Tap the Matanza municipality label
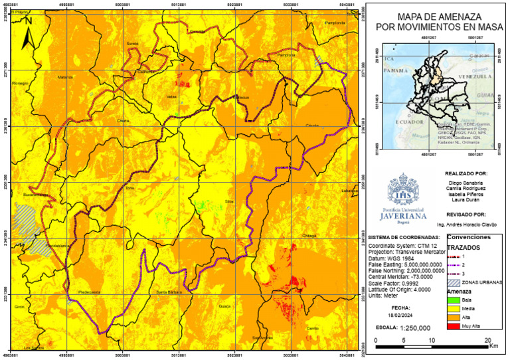tap(65, 77)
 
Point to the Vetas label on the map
tap(171, 96)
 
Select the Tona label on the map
tap(129, 189)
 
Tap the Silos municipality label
tap(229, 200)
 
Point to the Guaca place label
tap(224, 306)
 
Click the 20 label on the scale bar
tap(488, 340)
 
